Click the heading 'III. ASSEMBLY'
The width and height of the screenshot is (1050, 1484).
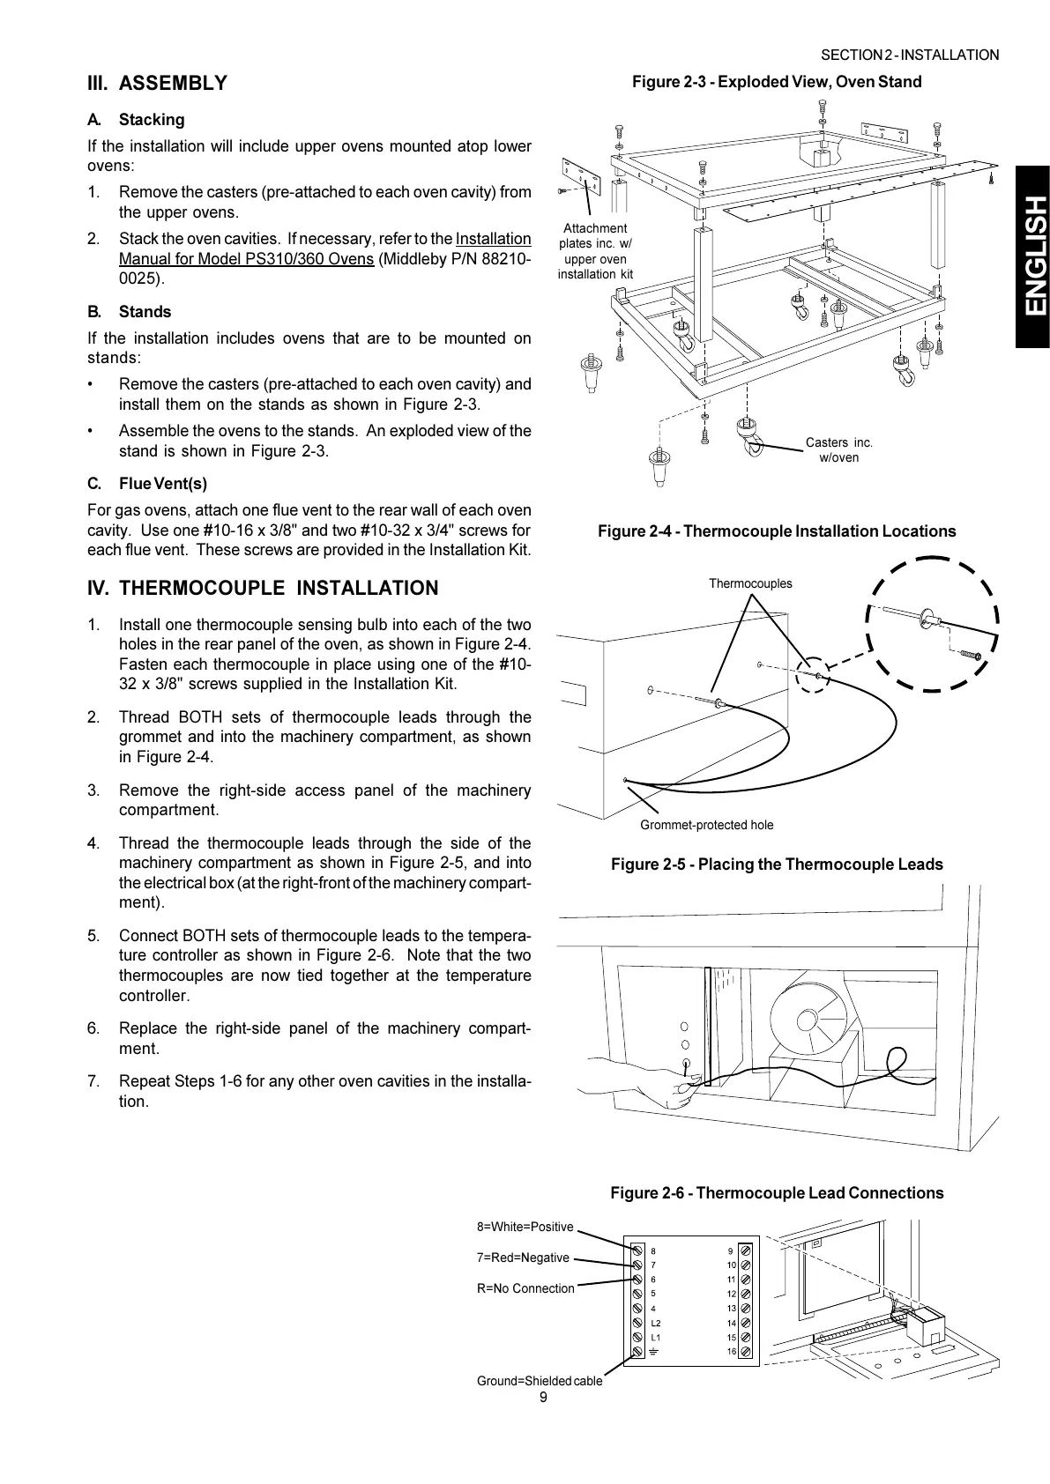157,84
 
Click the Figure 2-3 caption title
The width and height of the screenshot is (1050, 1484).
777,82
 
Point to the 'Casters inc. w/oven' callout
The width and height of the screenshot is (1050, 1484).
838,449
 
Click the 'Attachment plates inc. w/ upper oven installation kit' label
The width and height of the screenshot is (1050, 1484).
595,251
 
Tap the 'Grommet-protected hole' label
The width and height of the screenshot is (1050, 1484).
706,825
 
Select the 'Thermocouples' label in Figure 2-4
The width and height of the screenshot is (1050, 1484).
750,583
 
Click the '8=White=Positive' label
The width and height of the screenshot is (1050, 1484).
525,1227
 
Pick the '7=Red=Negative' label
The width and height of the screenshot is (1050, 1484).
523,1258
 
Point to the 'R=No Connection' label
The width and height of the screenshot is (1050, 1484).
525,1288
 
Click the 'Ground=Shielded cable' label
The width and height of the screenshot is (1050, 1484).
540,1381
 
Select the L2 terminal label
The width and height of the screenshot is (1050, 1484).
655,1323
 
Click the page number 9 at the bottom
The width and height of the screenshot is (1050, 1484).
543,1397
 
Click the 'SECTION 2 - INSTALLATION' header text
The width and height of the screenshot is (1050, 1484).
910,56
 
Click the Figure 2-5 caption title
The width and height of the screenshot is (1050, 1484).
777,864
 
